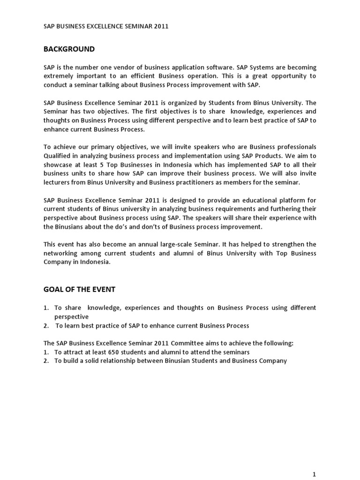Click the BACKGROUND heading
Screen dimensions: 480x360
click(69, 49)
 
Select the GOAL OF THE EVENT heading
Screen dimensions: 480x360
click(79, 290)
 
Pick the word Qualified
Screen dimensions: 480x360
click(58, 156)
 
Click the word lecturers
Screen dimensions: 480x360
click(58, 182)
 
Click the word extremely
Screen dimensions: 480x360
click(59, 76)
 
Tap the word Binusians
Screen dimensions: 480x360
click(69, 227)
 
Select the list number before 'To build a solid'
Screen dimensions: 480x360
click(46, 361)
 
